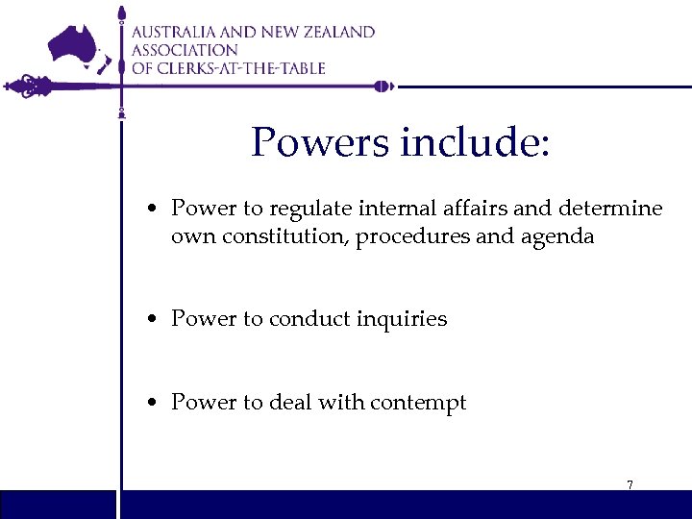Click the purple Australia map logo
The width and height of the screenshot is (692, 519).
click(77, 43)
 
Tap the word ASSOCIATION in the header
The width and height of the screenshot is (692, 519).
click(185, 50)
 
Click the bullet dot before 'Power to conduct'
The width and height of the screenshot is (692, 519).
click(154, 320)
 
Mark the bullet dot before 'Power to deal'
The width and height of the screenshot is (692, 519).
click(154, 404)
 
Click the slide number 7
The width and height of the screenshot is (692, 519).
click(630, 485)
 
